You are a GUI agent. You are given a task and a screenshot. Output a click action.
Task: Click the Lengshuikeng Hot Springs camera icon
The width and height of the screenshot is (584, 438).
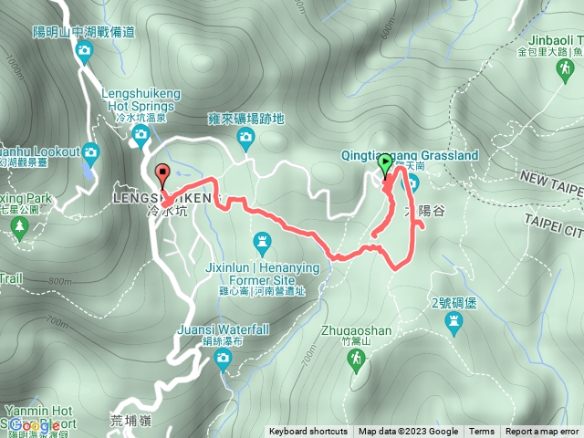[x=140, y=137]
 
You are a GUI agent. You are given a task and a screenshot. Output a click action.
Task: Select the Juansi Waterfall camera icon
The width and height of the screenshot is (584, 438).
[x=223, y=360]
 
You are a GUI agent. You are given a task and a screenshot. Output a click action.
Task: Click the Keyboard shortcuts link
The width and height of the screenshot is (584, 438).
[x=308, y=432]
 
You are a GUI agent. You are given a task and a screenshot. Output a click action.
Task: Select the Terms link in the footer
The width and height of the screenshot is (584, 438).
[x=482, y=432]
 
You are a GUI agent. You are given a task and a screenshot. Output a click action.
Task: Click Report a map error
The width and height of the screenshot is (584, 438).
[x=543, y=432]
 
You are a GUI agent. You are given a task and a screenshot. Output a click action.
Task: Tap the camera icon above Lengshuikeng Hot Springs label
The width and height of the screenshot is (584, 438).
[x=84, y=51]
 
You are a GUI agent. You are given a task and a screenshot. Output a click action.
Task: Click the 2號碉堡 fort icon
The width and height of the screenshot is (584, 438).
[x=454, y=321]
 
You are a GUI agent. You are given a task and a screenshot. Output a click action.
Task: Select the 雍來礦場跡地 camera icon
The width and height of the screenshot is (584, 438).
[x=245, y=138]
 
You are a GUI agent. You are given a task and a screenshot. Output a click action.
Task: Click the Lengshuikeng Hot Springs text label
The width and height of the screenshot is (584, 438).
[x=143, y=99]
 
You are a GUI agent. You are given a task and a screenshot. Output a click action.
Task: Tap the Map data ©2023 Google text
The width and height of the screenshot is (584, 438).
[x=408, y=432]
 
